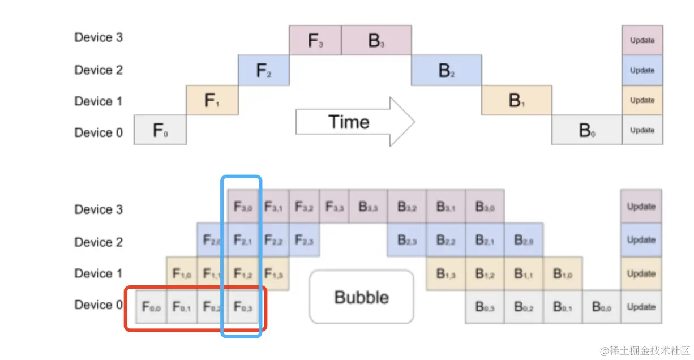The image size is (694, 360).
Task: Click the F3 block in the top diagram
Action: (x=315, y=40)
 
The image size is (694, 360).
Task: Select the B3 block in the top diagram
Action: (x=376, y=40)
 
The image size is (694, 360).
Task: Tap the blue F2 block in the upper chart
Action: (x=264, y=70)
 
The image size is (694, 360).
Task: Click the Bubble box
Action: (x=362, y=297)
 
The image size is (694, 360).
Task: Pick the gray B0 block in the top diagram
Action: (x=587, y=130)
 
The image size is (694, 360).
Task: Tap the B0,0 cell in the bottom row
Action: (x=601, y=307)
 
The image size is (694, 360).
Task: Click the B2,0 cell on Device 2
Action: (x=524, y=240)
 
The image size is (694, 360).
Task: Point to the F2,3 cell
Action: (x=305, y=240)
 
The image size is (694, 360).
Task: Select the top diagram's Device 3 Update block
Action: (x=642, y=40)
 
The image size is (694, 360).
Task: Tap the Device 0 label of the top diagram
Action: (x=98, y=132)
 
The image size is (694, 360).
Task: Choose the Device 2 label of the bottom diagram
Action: (x=98, y=242)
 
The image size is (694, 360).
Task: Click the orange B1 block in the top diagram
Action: (x=517, y=100)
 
